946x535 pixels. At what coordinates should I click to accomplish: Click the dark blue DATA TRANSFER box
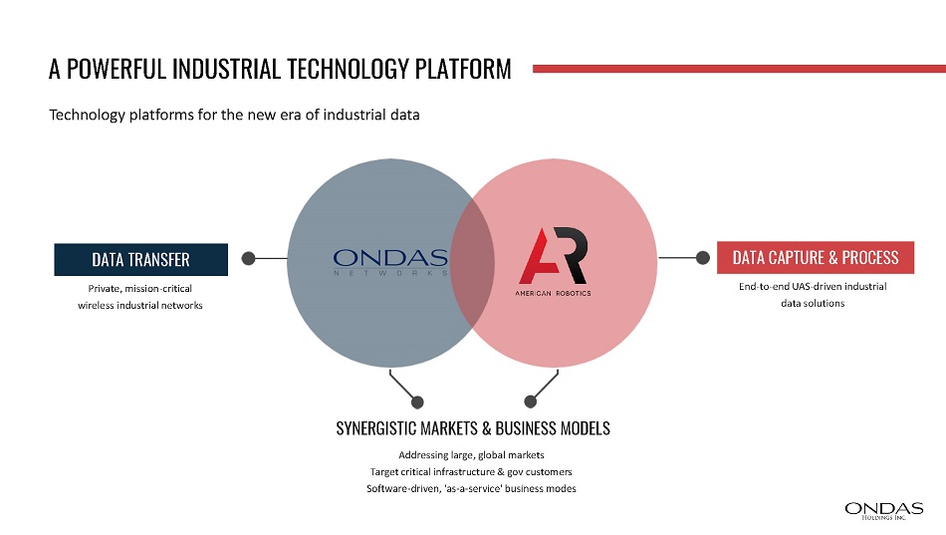click(x=141, y=260)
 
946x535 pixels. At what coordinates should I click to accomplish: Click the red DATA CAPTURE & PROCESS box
click(x=816, y=258)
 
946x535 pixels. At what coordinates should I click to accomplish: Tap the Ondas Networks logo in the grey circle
click(x=390, y=262)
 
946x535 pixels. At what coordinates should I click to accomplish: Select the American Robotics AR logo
click(x=554, y=261)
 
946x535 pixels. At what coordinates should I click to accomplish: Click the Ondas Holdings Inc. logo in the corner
click(x=884, y=511)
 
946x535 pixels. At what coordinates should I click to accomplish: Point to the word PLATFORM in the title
click(x=463, y=69)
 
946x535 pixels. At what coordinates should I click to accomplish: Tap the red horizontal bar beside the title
click(x=739, y=69)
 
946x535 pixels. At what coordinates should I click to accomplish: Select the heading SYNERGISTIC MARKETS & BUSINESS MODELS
click(x=473, y=428)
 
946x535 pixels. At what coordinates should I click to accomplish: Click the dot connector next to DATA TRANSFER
click(x=248, y=258)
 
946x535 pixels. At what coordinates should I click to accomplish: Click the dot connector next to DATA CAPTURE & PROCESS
click(x=702, y=258)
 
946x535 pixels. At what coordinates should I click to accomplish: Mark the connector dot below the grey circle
click(x=417, y=401)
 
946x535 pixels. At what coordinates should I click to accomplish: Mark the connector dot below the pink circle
click(x=531, y=401)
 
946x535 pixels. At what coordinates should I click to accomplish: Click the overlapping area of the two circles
click(x=472, y=263)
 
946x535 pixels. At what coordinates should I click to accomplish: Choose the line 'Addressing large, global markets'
click(x=471, y=454)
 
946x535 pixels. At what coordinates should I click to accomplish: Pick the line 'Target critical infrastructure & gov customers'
click(x=471, y=471)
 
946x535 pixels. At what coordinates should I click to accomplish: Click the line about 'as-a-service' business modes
click(x=471, y=488)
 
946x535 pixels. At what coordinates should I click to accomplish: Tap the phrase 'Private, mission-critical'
click(x=140, y=289)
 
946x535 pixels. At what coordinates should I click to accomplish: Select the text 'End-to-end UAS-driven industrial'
click(x=813, y=286)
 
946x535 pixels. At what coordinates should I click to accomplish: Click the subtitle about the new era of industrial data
click(x=234, y=115)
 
